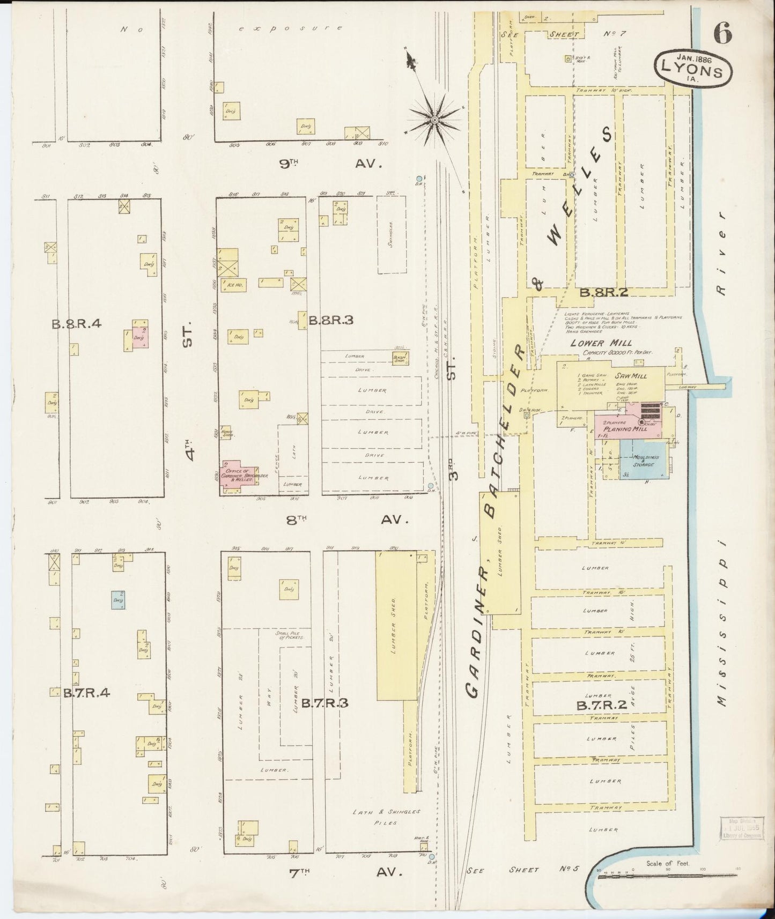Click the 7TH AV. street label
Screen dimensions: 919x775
(345, 872)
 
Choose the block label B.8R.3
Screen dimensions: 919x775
(331, 321)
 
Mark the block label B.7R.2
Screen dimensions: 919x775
(601, 706)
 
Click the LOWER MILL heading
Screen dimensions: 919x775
(601, 343)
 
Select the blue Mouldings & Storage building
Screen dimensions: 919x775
(643, 461)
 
